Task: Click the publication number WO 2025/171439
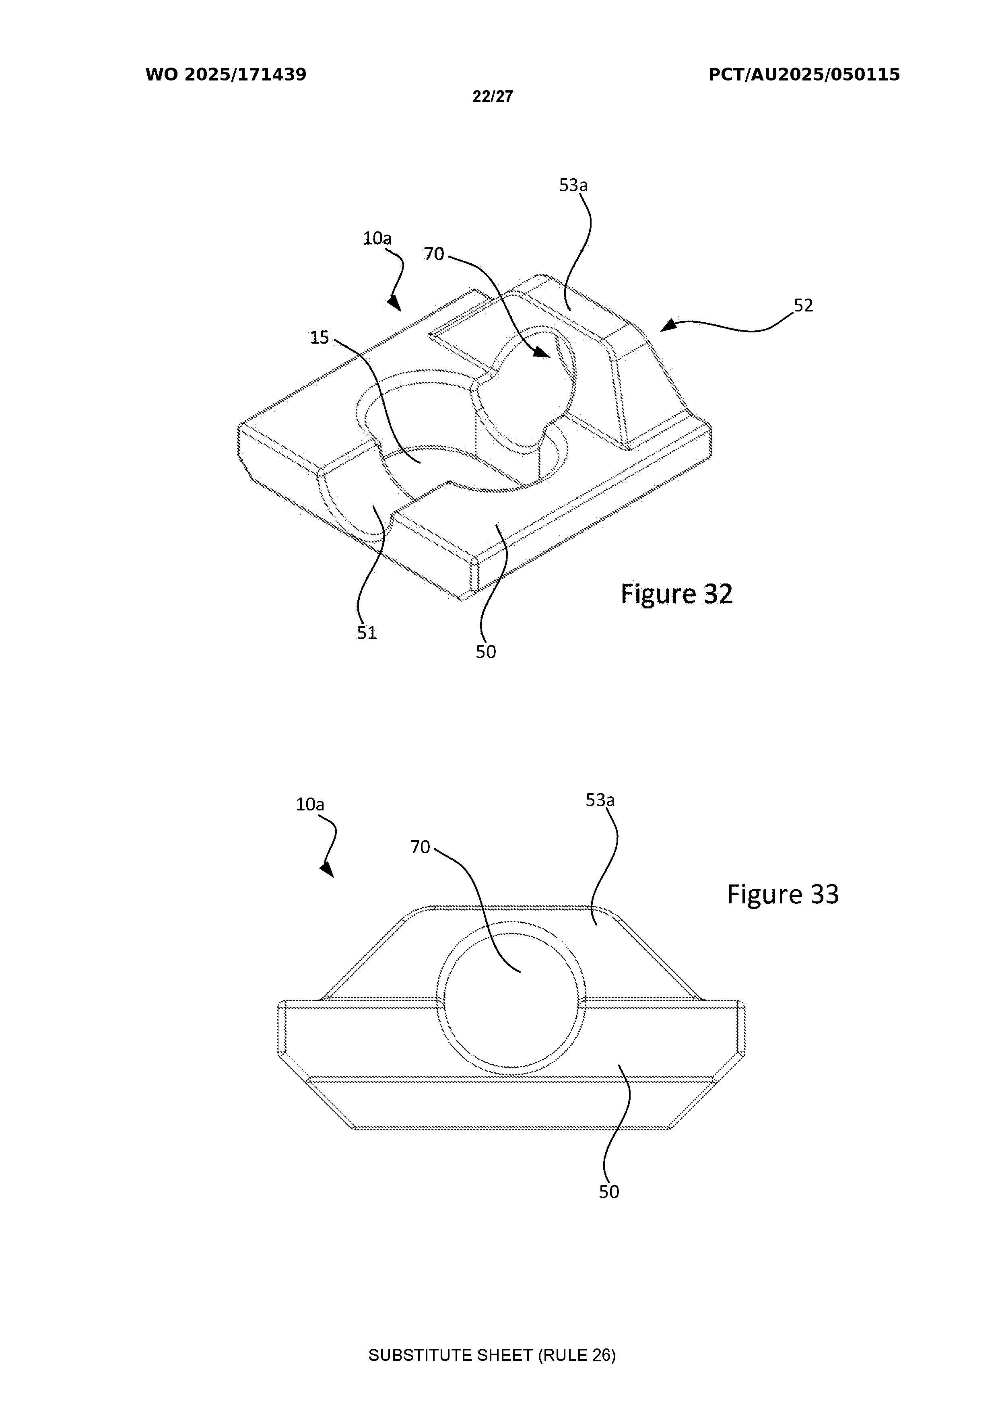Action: (x=226, y=75)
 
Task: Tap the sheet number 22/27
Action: (x=493, y=97)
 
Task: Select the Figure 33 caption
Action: (x=783, y=894)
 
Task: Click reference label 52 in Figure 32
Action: (x=803, y=305)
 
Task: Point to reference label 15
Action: (x=319, y=337)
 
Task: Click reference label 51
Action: (x=367, y=633)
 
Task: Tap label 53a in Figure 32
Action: (x=573, y=185)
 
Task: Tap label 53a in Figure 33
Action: (x=600, y=800)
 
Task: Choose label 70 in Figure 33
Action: (x=420, y=847)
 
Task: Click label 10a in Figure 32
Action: (x=377, y=238)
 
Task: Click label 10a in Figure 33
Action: (x=310, y=804)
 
